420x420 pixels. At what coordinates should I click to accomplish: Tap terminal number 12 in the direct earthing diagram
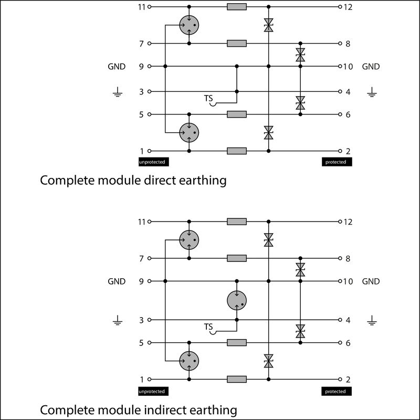(x=348, y=7)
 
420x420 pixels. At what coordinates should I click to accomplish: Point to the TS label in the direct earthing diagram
(x=209, y=98)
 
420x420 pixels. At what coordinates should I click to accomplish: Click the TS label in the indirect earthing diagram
(x=209, y=328)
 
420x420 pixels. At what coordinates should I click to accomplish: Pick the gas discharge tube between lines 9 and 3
(x=236, y=301)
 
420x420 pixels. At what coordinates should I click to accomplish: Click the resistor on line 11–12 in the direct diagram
(x=237, y=7)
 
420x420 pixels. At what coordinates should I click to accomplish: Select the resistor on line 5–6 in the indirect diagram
(x=237, y=343)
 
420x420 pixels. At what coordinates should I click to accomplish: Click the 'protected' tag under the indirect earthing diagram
(x=335, y=391)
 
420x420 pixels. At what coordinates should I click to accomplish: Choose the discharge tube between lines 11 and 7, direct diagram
(x=189, y=25)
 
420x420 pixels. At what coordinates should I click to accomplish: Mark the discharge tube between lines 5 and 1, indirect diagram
(x=189, y=361)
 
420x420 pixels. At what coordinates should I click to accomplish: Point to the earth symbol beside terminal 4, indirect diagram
(x=372, y=320)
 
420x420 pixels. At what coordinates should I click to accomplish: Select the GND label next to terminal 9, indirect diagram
(x=117, y=281)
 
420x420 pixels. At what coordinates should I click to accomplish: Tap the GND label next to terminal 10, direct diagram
(x=371, y=67)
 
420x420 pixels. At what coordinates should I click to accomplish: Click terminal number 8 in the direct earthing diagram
(x=348, y=44)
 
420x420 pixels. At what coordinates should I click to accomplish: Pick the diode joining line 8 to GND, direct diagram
(x=300, y=55)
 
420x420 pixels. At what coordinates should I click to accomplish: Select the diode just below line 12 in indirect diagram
(x=268, y=240)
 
